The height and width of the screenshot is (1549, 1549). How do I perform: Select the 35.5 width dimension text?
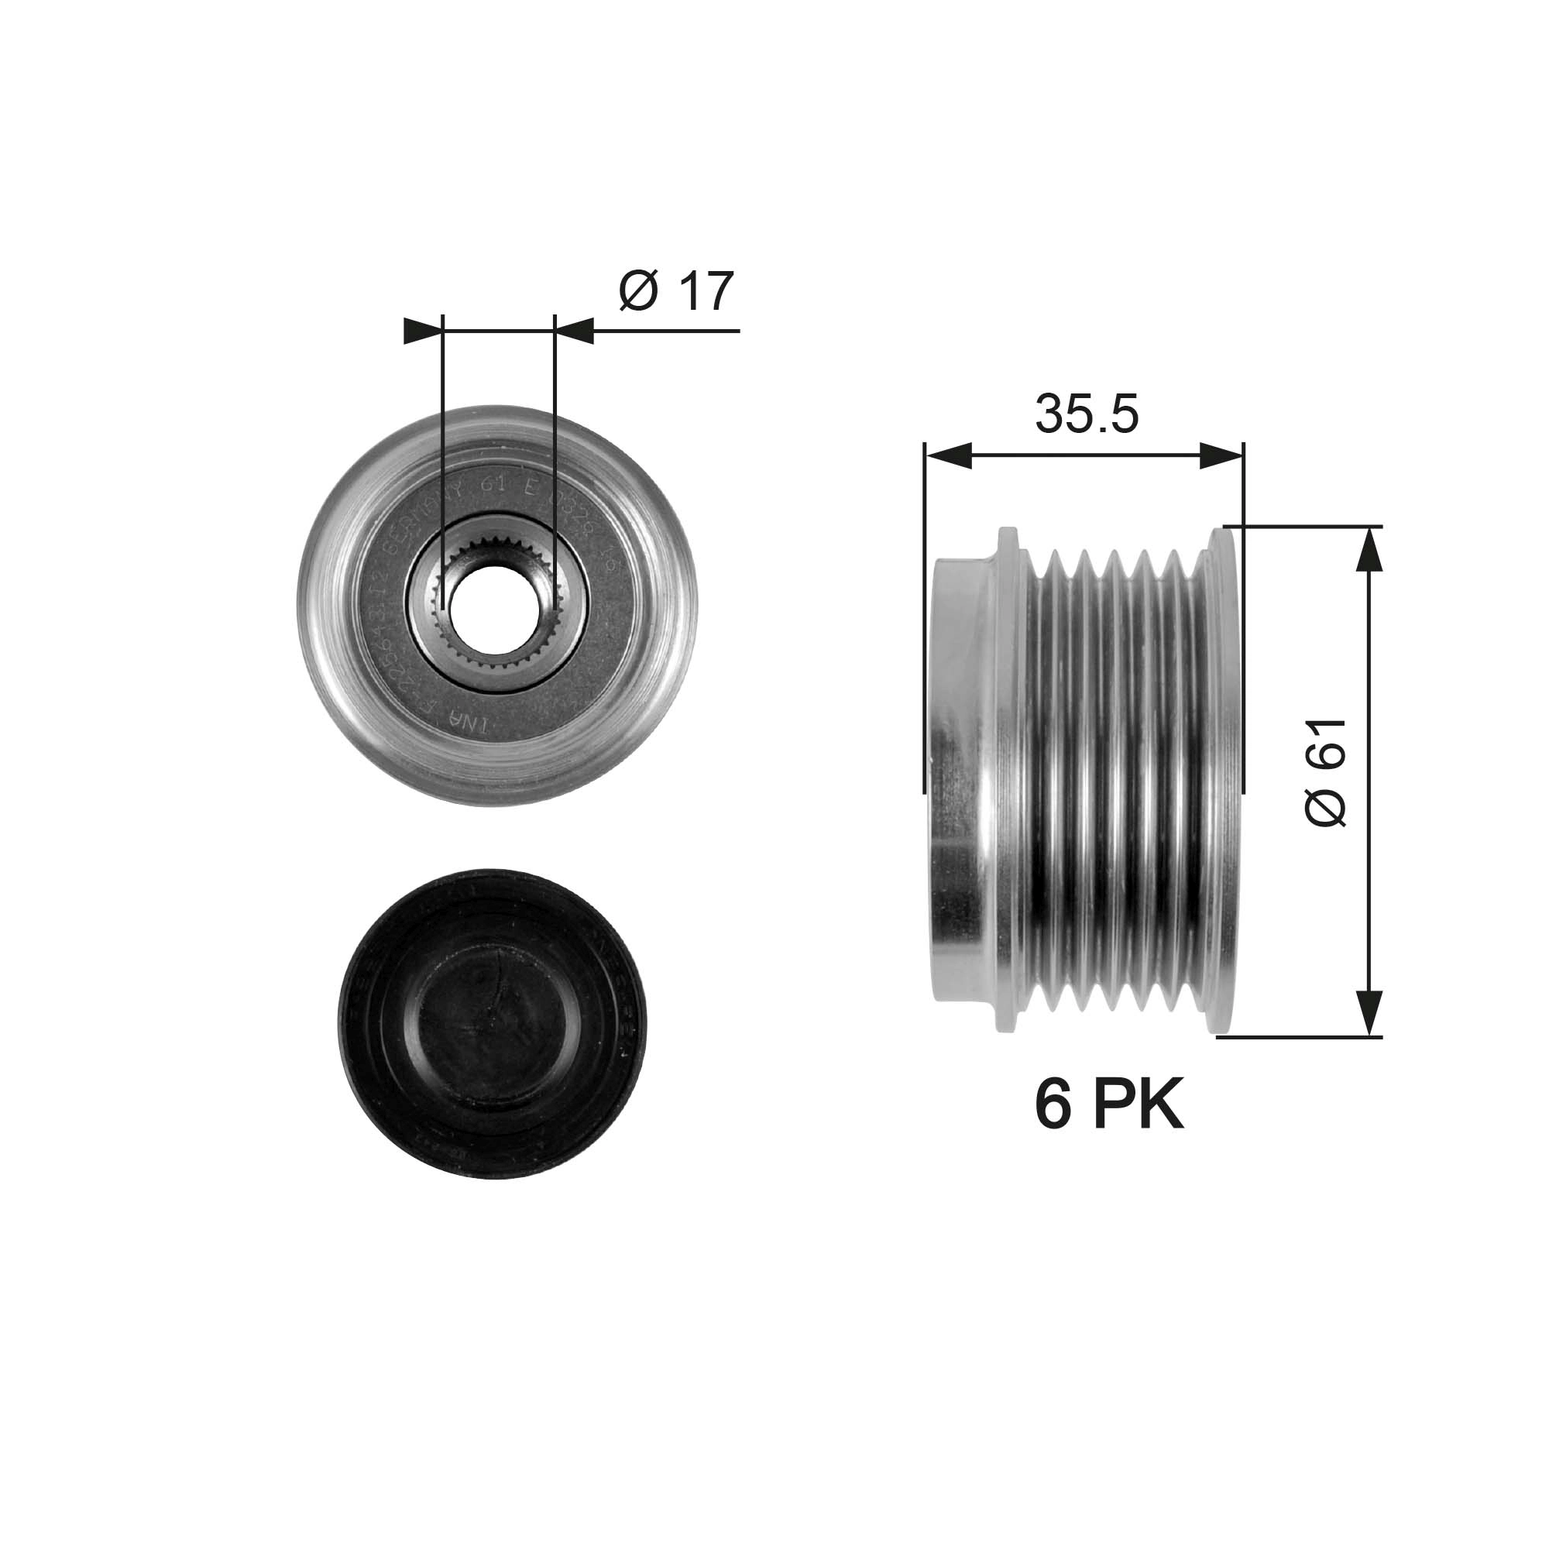pyautogui.click(x=1086, y=414)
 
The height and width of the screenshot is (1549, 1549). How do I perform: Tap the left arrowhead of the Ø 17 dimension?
pyautogui.click(x=423, y=331)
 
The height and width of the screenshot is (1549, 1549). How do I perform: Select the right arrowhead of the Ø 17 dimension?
pyautogui.click(x=575, y=331)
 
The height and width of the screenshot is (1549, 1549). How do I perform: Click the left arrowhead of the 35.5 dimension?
pyautogui.click(x=948, y=457)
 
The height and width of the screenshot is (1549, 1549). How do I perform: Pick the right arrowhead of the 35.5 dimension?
pyautogui.click(x=1221, y=457)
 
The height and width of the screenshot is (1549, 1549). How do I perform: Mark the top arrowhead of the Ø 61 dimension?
pyautogui.click(x=1369, y=549)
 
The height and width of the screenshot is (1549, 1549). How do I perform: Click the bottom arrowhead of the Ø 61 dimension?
pyautogui.click(x=1369, y=1012)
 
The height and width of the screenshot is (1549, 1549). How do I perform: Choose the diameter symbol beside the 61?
pyautogui.click(x=1325, y=804)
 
